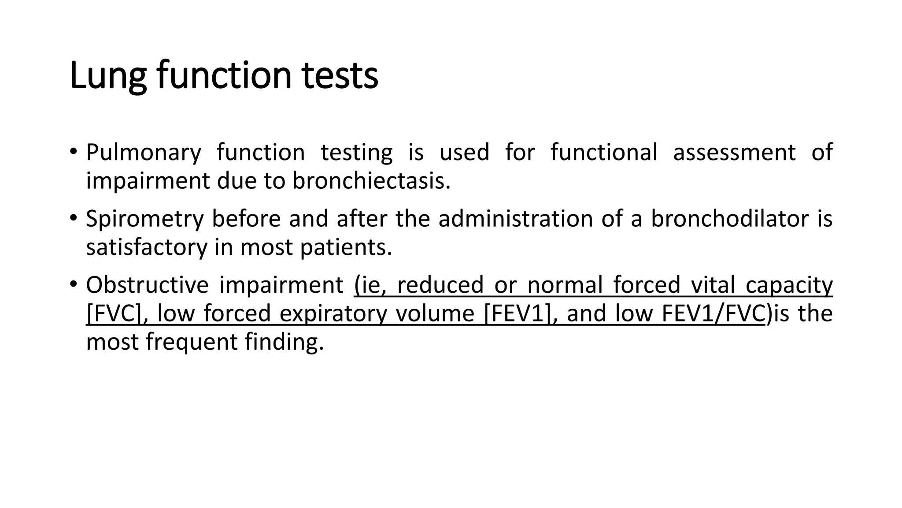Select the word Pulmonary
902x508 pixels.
(x=144, y=153)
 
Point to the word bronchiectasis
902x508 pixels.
(x=371, y=181)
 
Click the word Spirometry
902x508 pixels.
(x=145, y=219)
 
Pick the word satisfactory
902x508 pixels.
(x=146, y=247)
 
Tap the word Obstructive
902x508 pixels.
(x=147, y=285)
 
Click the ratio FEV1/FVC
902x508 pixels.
(x=713, y=314)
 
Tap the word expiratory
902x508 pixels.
(x=333, y=314)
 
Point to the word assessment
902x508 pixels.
(x=734, y=153)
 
